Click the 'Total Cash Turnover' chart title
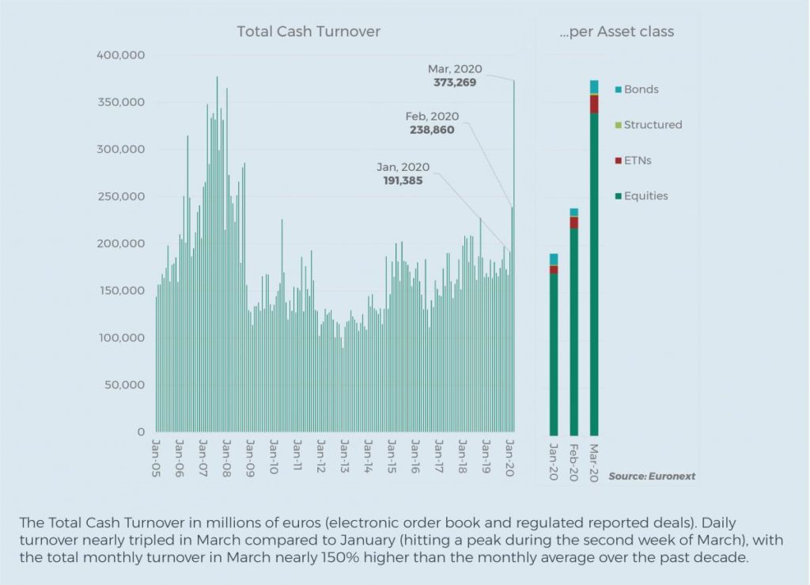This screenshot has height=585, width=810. tap(308, 32)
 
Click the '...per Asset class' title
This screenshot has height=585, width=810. tap(622, 32)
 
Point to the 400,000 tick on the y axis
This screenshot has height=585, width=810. tap(120, 55)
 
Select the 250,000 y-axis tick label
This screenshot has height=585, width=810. tap(120, 196)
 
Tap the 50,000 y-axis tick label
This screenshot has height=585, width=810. tap(123, 386)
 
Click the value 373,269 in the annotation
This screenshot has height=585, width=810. tap(455, 82)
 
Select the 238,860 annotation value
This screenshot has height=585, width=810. tap(433, 130)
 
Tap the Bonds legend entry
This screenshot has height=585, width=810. tap(641, 89)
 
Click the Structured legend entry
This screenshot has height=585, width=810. tap(653, 125)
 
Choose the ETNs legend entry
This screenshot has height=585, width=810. tap(638, 161)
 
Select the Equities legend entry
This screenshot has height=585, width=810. tap(645, 196)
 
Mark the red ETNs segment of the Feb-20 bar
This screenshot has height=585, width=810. tap(573, 222)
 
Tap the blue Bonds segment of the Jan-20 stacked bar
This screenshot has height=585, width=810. tap(554, 259)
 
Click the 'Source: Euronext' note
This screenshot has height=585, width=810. tap(652, 477)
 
